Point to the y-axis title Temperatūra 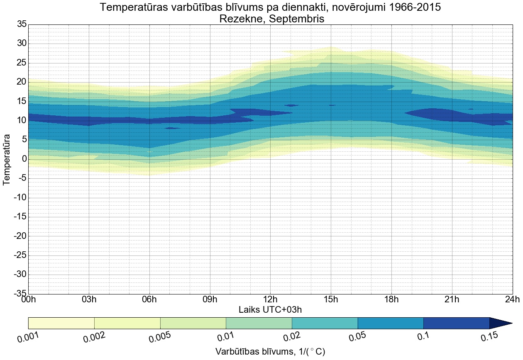coord(7,159)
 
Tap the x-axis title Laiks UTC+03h coord(270,309)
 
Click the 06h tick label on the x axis coord(149,299)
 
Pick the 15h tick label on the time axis coord(331,299)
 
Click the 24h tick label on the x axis coord(512,299)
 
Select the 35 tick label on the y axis coord(22,24)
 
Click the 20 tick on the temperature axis coord(22,82)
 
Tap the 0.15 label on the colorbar coord(489,338)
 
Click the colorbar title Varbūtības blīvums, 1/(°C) coord(270,352)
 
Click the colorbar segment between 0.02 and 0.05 coord(325,323)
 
